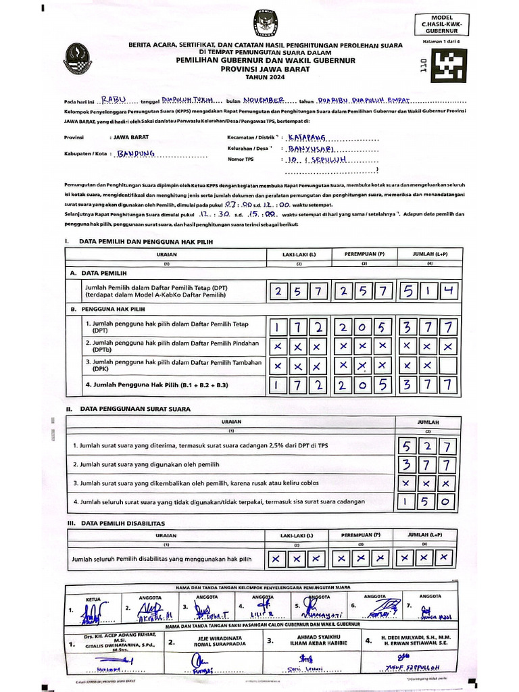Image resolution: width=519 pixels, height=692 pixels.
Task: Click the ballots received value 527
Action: pyautogui.click(x=427, y=446)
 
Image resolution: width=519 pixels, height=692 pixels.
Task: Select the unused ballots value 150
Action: pyautogui.click(x=427, y=501)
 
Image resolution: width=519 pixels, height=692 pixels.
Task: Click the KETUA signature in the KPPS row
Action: pyautogui.click(x=91, y=611)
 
